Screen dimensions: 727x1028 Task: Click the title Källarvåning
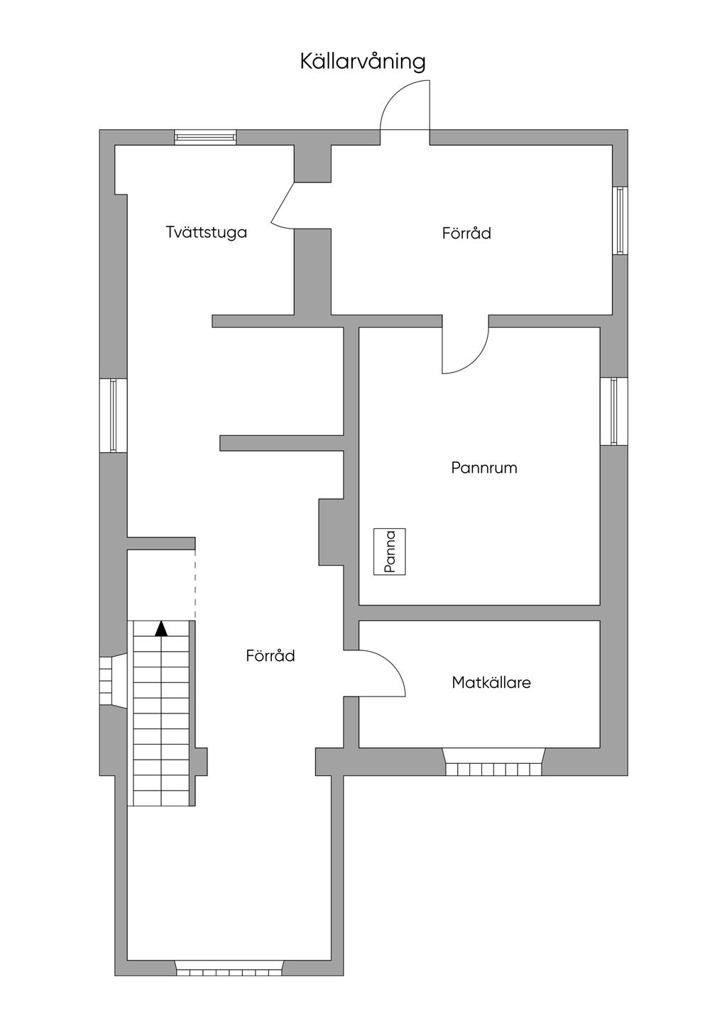point(363,62)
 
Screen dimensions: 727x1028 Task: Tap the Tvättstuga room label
point(207,232)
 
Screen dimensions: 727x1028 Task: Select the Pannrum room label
point(484,468)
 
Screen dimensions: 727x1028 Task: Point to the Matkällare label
point(491,682)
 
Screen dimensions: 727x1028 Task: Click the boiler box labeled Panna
point(390,552)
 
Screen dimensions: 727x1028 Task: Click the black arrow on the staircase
point(161,629)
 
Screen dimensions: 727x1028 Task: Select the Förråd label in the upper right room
point(466,233)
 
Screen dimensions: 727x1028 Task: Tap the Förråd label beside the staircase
point(270,655)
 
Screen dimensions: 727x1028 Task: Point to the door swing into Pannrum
point(478,361)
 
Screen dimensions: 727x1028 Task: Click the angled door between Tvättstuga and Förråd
point(283,204)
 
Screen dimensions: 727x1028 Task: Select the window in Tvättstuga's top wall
point(205,137)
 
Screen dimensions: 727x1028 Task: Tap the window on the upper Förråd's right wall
point(620,221)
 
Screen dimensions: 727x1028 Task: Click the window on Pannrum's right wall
point(614,411)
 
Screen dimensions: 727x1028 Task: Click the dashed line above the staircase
point(195,585)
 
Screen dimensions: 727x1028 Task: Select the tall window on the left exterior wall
point(114,415)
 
